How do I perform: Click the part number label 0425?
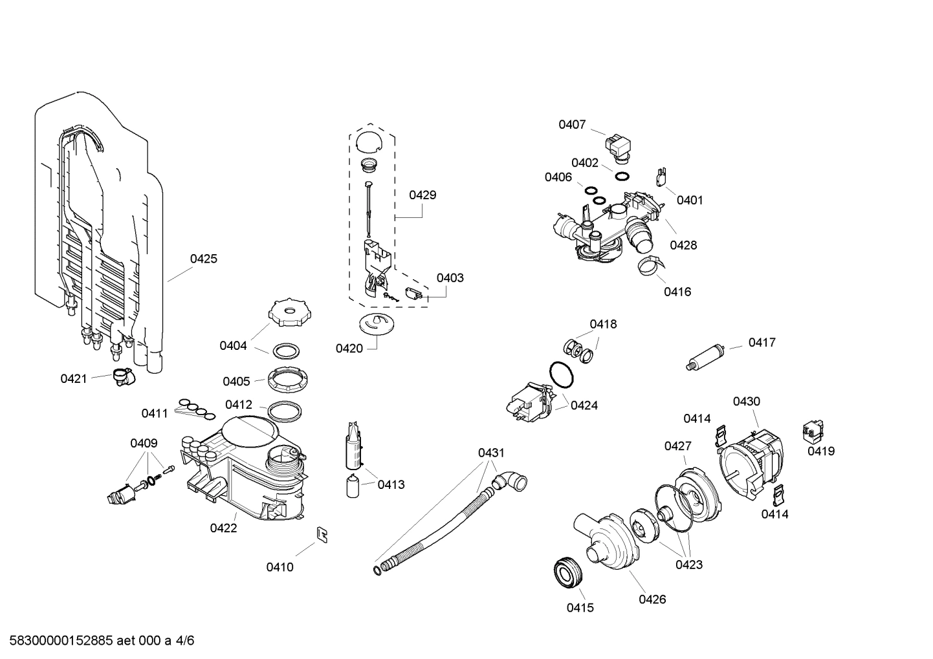point(203,259)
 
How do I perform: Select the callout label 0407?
point(572,124)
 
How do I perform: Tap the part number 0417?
point(762,342)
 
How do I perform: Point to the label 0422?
point(223,528)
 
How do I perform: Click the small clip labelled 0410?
point(321,534)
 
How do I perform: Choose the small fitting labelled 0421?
point(121,376)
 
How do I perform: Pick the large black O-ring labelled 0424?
point(561,376)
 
